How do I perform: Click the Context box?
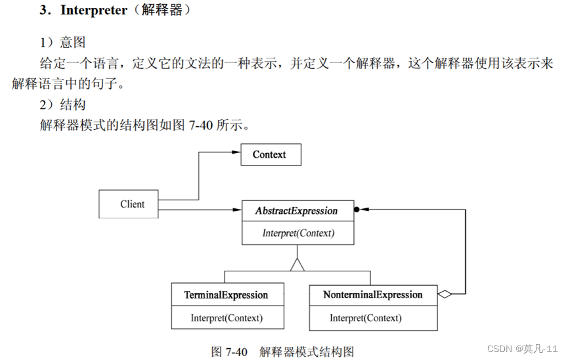269,155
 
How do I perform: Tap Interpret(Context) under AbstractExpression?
298,233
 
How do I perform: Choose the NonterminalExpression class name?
372,295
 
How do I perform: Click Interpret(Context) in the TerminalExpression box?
227,318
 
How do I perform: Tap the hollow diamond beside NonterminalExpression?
445,295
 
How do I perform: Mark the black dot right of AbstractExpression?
357,210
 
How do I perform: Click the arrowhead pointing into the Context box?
234,152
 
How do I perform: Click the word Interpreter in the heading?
93,11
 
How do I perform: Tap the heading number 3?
44,11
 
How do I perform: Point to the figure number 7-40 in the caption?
236,351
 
